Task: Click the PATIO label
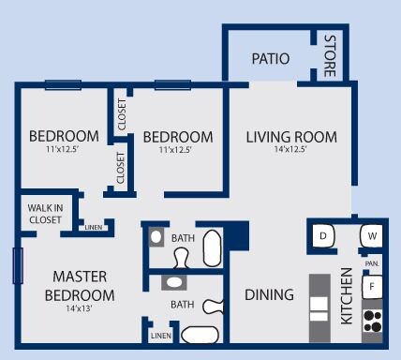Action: click(x=271, y=59)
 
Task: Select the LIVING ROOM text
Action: click(x=291, y=137)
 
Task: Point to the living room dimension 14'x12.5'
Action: click(x=291, y=151)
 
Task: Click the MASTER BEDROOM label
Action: click(x=79, y=286)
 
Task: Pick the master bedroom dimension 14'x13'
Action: click(x=79, y=308)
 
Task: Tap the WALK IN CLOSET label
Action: click(x=44, y=215)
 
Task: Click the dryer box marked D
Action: click(x=322, y=235)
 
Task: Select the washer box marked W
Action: click(x=372, y=235)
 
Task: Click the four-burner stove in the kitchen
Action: click(x=372, y=322)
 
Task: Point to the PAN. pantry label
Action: click(x=372, y=263)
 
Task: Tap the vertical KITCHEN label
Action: click(x=346, y=295)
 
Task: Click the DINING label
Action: click(x=269, y=294)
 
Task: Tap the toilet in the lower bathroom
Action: click(x=214, y=305)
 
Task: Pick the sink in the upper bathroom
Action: click(x=156, y=237)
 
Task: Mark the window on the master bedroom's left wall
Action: click(x=15, y=265)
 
